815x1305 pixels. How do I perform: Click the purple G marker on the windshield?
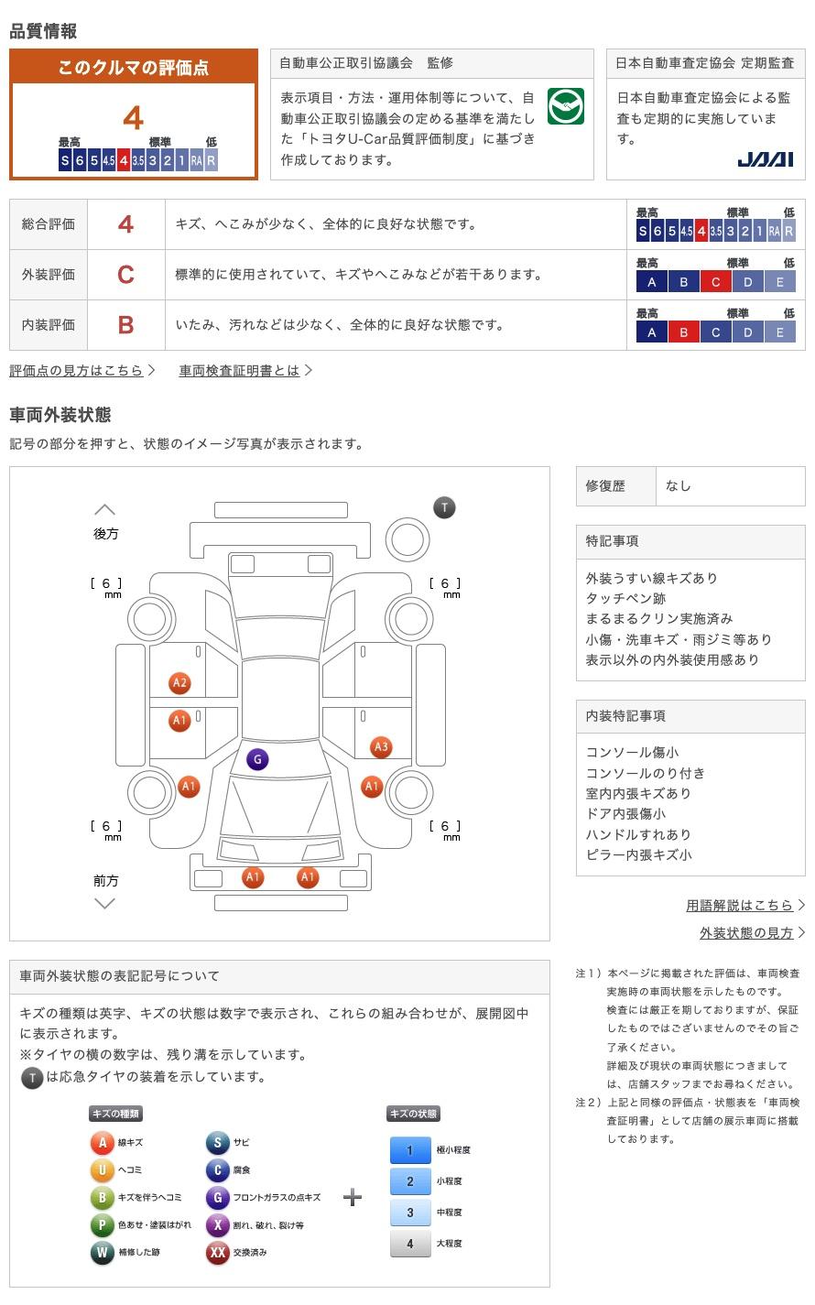click(x=257, y=759)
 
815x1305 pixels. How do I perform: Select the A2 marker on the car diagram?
click(x=179, y=683)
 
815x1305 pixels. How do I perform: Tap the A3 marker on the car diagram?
click(x=381, y=747)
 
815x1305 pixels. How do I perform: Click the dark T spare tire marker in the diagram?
click(x=444, y=507)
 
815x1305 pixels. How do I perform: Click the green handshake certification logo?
click(x=565, y=107)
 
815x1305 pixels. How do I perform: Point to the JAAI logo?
click(x=765, y=159)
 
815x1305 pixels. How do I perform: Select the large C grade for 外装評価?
click(x=125, y=275)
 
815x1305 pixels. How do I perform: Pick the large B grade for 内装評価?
click(x=125, y=325)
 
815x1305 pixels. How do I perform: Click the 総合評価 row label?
click(x=49, y=224)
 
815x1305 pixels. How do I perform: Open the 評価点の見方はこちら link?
click(x=77, y=371)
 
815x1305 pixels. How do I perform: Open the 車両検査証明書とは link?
click(x=240, y=371)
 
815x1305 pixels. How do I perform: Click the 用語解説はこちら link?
click(x=740, y=905)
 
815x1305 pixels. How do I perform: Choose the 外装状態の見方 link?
click(x=747, y=932)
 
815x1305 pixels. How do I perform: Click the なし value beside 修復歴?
click(x=679, y=486)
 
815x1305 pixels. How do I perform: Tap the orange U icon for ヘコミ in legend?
click(x=102, y=1170)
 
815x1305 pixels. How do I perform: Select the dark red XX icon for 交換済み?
click(x=217, y=1252)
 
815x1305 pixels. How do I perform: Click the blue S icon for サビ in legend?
click(x=217, y=1143)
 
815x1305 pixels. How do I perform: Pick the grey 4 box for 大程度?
click(x=409, y=1244)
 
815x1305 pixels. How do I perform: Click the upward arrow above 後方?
click(x=105, y=509)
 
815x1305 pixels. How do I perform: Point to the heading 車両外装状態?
click(x=60, y=415)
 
